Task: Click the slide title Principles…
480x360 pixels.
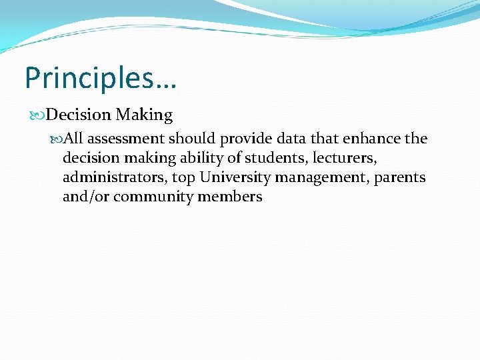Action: click(x=101, y=79)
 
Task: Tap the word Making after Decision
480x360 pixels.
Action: click(x=144, y=115)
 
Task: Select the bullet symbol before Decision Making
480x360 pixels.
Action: click(x=39, y=115)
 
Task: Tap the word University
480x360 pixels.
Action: click(x=235, y=177)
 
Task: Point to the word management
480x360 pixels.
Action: click(x=321, y=177)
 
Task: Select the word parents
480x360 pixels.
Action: click(x=400, y=177)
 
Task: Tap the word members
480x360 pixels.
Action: click(x=230, y=197)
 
